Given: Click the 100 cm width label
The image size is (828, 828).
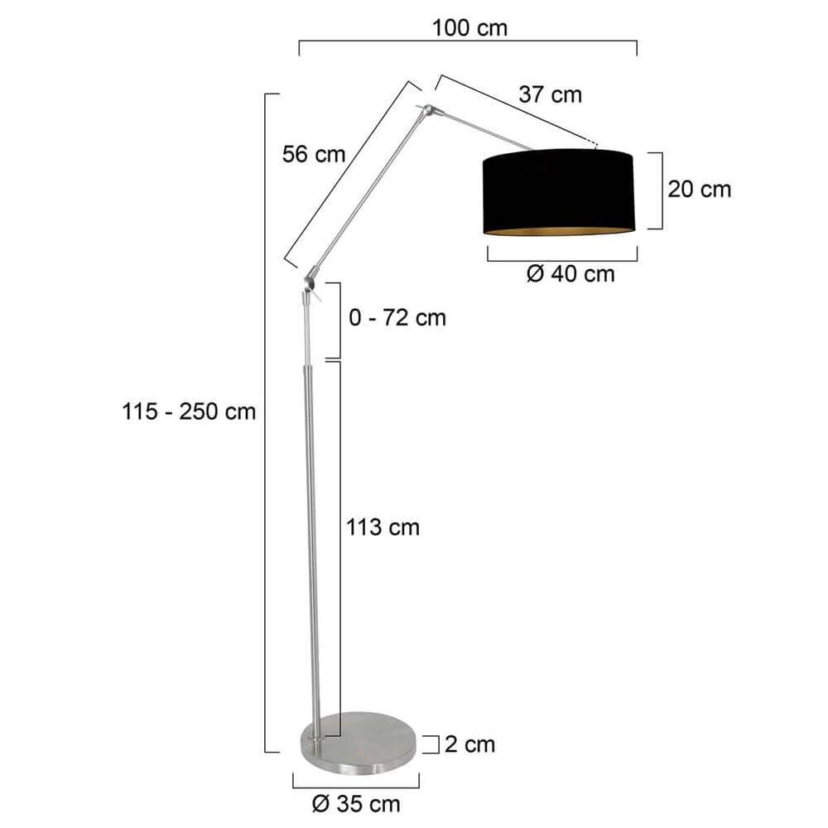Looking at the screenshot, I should click(469, 27).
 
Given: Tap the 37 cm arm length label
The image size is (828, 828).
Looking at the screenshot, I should click(551, 94).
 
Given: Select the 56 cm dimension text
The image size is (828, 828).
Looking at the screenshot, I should click(313, 154).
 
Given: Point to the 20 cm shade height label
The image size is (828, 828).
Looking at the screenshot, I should click(700, 189).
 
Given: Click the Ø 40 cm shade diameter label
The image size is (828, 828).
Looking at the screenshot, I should click(570, 274).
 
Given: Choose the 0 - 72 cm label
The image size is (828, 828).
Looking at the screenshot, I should click(397, 317).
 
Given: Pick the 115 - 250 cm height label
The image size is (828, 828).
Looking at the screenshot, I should click(190, 412).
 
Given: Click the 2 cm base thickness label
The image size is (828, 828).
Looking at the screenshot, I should click(469, 744).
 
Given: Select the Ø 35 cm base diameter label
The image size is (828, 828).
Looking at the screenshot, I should click(355, 803).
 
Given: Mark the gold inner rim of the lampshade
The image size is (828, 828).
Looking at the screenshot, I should click(558, 229).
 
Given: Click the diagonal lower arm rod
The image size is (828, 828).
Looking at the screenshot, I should click(370, 191).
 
